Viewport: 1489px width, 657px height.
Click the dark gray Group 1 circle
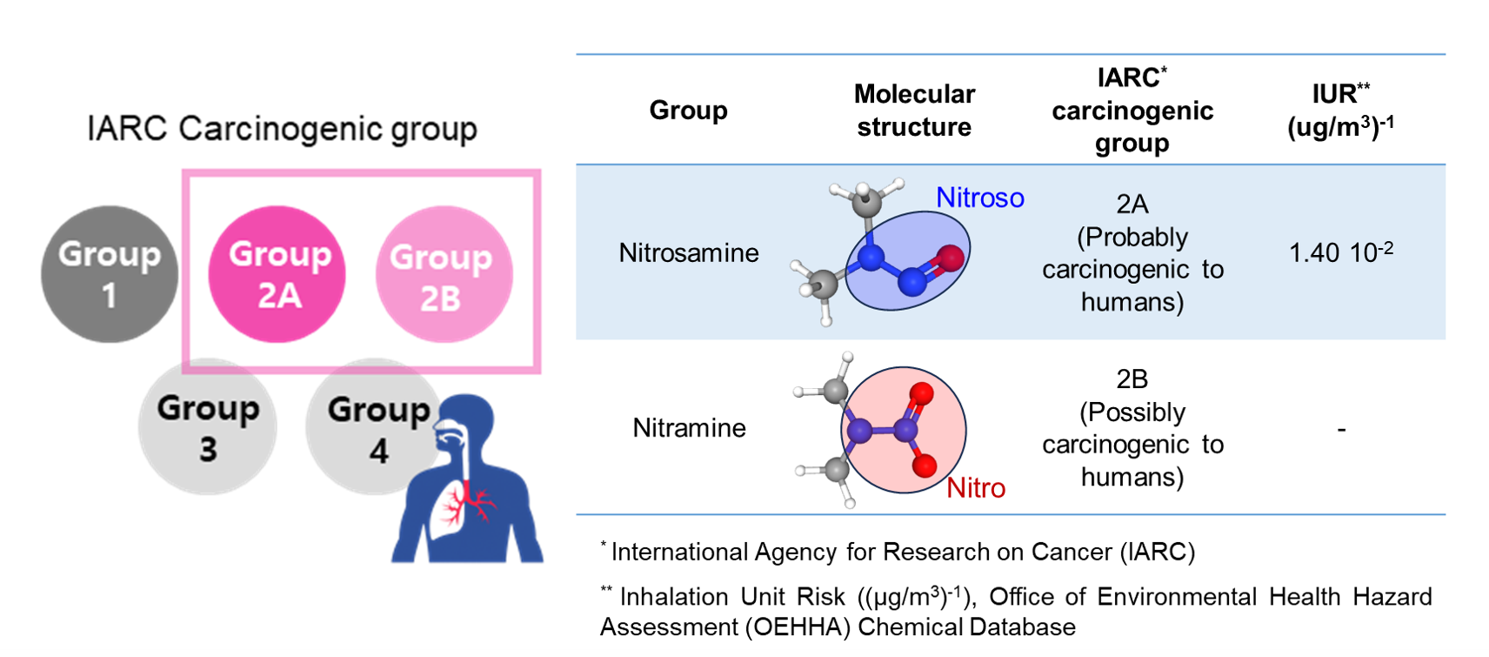pos(110,274)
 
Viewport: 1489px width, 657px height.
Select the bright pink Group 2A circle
pos(277,274)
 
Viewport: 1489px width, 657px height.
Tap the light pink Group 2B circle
pos(444,274)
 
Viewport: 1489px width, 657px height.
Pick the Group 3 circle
pos(208,427)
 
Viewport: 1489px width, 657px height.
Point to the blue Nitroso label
pos(979,198)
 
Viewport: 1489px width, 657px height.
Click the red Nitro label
pos(975,488)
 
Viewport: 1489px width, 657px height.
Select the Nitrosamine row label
pos(689,253)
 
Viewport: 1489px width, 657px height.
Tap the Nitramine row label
pos(689,428)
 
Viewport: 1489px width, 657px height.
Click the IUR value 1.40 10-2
pos(1340,252)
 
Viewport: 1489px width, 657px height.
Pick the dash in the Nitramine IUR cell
pos(1341,429)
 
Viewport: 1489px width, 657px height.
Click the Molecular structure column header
pos(914,111)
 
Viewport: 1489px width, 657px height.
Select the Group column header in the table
pos(688,111)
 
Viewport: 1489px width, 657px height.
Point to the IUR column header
pos(1340,111)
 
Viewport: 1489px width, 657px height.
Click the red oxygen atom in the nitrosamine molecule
pos(951,258)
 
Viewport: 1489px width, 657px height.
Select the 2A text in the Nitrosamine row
pos(1132,204)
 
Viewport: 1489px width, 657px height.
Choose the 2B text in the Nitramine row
pos(1132,379)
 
